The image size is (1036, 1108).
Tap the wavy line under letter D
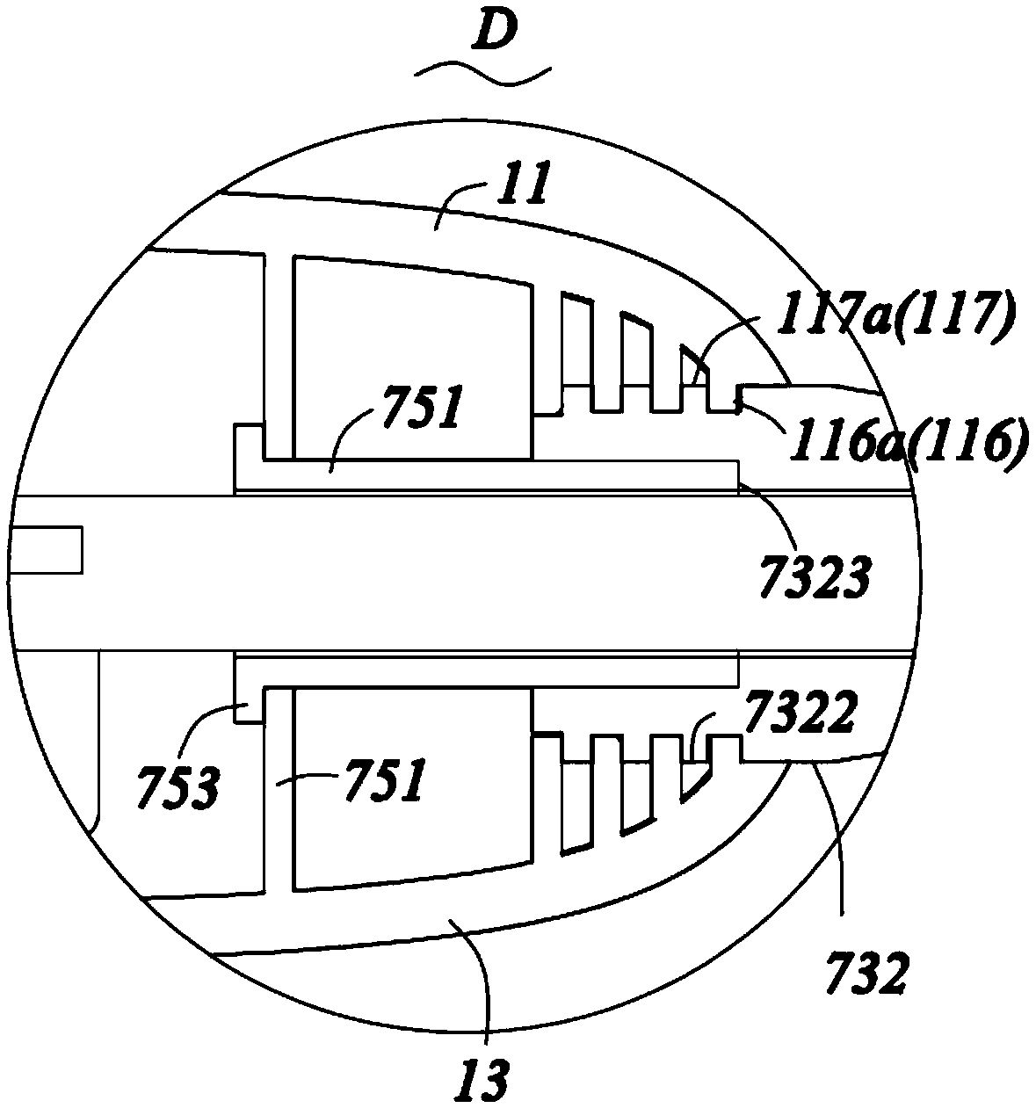(483, 76)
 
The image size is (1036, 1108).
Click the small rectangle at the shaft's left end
(46, 549)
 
